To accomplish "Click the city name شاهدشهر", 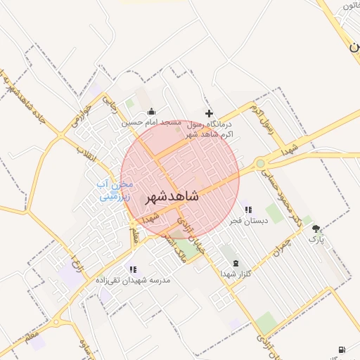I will tap(172, 198).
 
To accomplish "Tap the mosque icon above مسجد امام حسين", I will tap(151, 112).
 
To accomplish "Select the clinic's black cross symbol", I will tap(208, 113).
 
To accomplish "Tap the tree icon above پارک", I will tap(316, 228).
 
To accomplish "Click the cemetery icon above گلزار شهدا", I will tap(235, 262).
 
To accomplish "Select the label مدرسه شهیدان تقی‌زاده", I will tap(136, 280).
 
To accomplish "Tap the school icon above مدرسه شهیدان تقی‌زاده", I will tap(132, 269).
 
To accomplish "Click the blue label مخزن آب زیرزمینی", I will tap(115, 191).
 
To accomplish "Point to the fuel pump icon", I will tap(342, 349).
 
